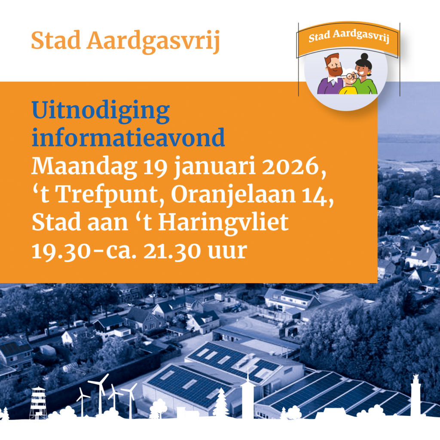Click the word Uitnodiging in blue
(x=101, y=113)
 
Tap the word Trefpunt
(x=109, y=196)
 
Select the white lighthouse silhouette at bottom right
(x=415, y=395)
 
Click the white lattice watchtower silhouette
(x=38, y=402)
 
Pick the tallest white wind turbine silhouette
(x=101, y=391)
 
